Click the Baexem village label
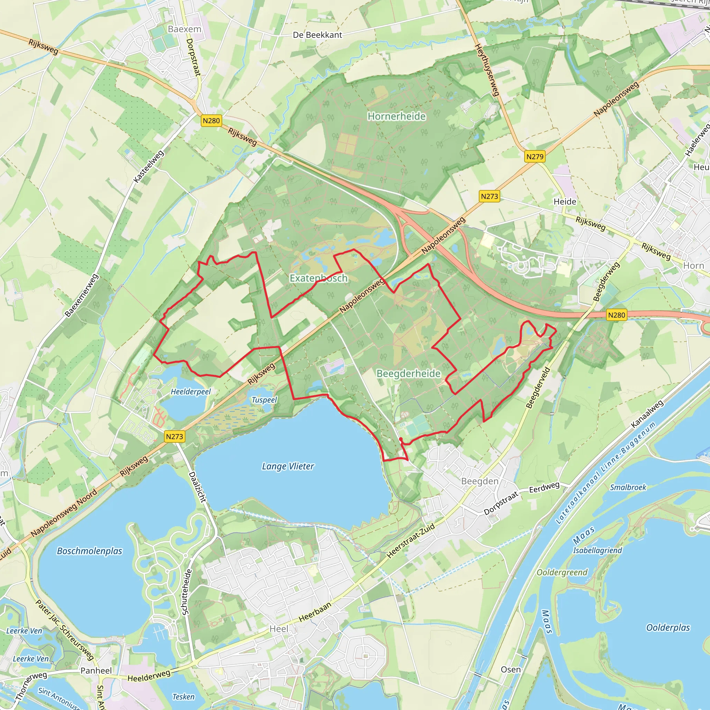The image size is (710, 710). click(x=184, y=29)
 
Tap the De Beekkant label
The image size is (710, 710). click(x=317, y=35)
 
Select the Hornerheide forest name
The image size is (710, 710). click(x=397, y=116)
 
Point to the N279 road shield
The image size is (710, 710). click(x=535, y=157)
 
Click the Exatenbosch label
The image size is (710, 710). click(x=318, y=278)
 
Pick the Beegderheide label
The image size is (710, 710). click(x=408, y=373)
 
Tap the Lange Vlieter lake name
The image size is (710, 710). click(x=288, y=466)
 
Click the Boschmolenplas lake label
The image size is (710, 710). click(x=89, y=551)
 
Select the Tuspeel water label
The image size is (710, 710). click(x=264, y=400)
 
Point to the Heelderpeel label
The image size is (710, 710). click(x=190, y=392)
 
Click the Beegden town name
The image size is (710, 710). click(x=479, y=482)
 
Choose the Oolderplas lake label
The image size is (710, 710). click(x=668, y=627)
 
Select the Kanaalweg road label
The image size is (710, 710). click(x=647, y=414)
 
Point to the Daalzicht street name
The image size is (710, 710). click(x=198, y=487)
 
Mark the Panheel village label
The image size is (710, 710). click(x=96, y=671)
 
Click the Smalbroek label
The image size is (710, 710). click(x=628, y=487)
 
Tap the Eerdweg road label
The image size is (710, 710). click(x=544, y=487)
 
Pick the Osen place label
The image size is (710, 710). click(x=510, y=669)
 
